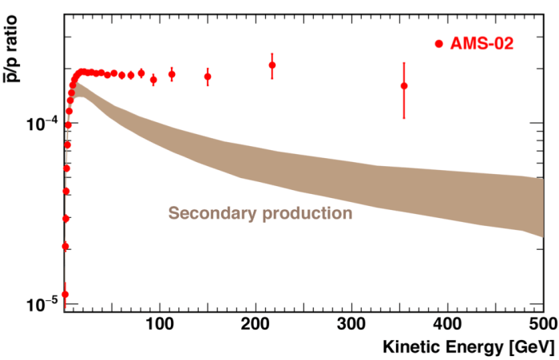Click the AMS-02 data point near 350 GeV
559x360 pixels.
(x=404, y=85)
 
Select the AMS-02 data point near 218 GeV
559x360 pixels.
(x=272, y=65)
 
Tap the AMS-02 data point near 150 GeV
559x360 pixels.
(x=208, y=77)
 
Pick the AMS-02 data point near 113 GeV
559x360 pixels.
(x=172, y=74)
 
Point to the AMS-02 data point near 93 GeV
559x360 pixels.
(x=153, y=79)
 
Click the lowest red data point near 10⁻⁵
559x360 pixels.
(x=65, y=295)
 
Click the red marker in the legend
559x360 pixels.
(x=438, y=44)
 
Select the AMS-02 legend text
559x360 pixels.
(x=480, y=44)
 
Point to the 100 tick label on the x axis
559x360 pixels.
(x=160, y=325)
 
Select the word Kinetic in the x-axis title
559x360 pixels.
(x=411, y=348)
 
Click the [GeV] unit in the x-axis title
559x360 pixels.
(x=524, y=348)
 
